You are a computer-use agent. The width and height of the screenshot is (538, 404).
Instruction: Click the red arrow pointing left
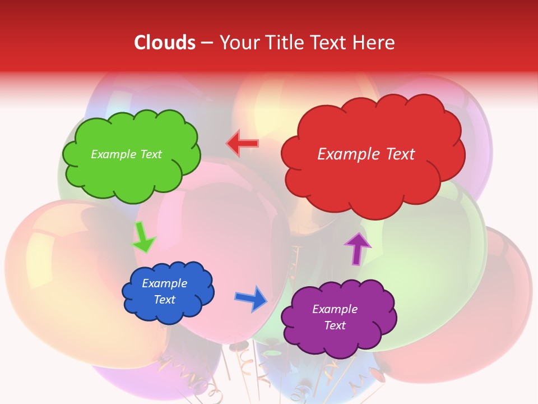coord(243,144)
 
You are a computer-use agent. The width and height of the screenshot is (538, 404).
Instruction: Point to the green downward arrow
coord(143,237)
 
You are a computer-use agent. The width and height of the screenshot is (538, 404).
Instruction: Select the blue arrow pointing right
coord(252,299)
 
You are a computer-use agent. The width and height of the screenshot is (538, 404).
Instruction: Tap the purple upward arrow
coord(357,249)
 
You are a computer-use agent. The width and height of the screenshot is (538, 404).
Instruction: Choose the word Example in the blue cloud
coord(164,283)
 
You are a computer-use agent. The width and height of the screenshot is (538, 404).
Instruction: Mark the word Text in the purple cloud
coord(335,325)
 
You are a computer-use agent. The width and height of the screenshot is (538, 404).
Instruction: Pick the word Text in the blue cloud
coord(164,300)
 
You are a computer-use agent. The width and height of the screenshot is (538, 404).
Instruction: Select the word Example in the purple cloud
coord(335,309)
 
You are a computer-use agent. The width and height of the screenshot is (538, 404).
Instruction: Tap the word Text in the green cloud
coord(151,154)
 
